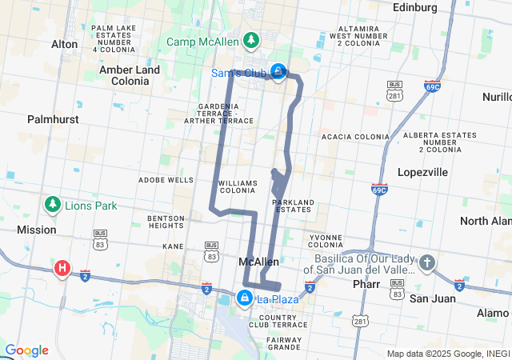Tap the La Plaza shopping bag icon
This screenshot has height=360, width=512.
click(244, 298)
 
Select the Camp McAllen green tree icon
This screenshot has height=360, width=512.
click(251, 40)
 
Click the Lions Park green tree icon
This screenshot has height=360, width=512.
click(53, 205)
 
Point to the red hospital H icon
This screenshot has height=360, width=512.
click(62, 269)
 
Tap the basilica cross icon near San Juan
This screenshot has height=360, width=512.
click(427, 262)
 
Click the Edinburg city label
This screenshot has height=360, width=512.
click(415, 7)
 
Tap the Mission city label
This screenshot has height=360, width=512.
click(36, 230)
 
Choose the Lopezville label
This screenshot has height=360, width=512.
click(422, 172)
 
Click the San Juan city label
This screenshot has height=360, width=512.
click(432, 298)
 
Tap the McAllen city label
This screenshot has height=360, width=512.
click(259, 262)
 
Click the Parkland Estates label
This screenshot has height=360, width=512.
click(293, 206)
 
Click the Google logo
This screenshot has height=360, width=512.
click(26, 350)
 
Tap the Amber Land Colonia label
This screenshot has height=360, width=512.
click(129, 75)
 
